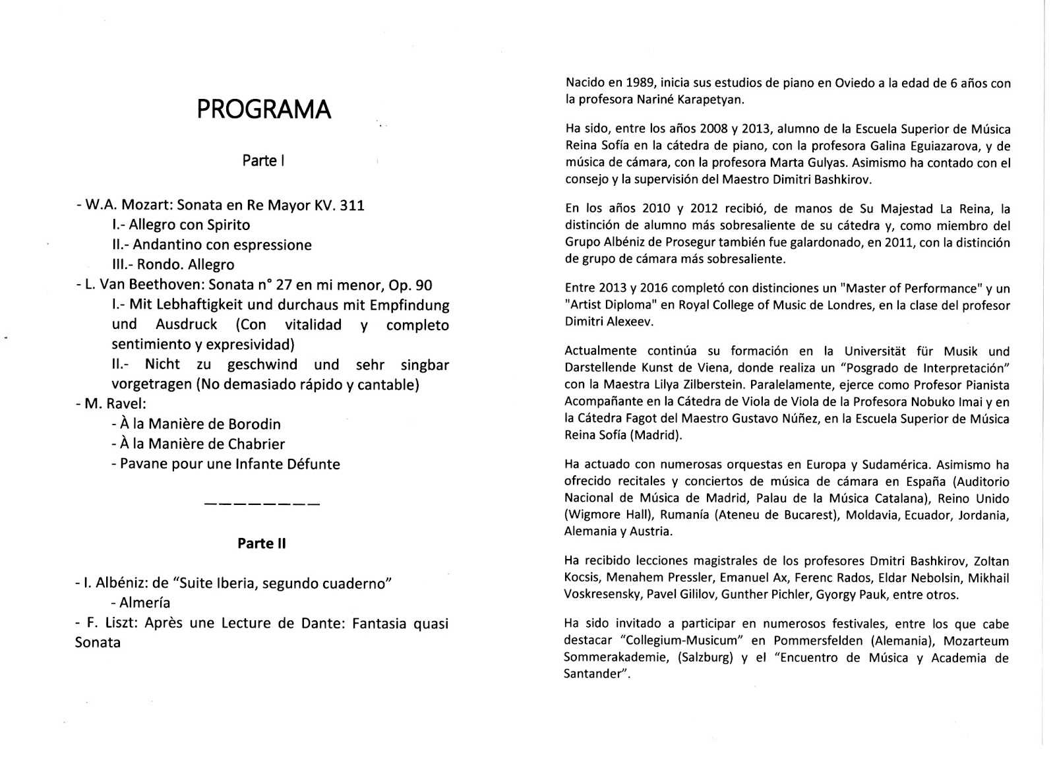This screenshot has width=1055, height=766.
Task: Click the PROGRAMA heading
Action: point(264,110)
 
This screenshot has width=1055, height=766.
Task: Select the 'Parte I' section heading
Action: point(263,161)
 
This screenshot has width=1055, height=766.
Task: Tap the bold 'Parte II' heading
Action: point(262,543)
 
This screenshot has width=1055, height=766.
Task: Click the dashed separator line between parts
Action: point(262,505)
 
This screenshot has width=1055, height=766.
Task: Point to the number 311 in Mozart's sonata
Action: point(351,205)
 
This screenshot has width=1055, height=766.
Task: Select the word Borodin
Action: point(255,424)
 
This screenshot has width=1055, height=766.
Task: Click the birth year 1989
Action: point(630,84)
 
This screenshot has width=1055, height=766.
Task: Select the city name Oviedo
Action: point(833,84)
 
